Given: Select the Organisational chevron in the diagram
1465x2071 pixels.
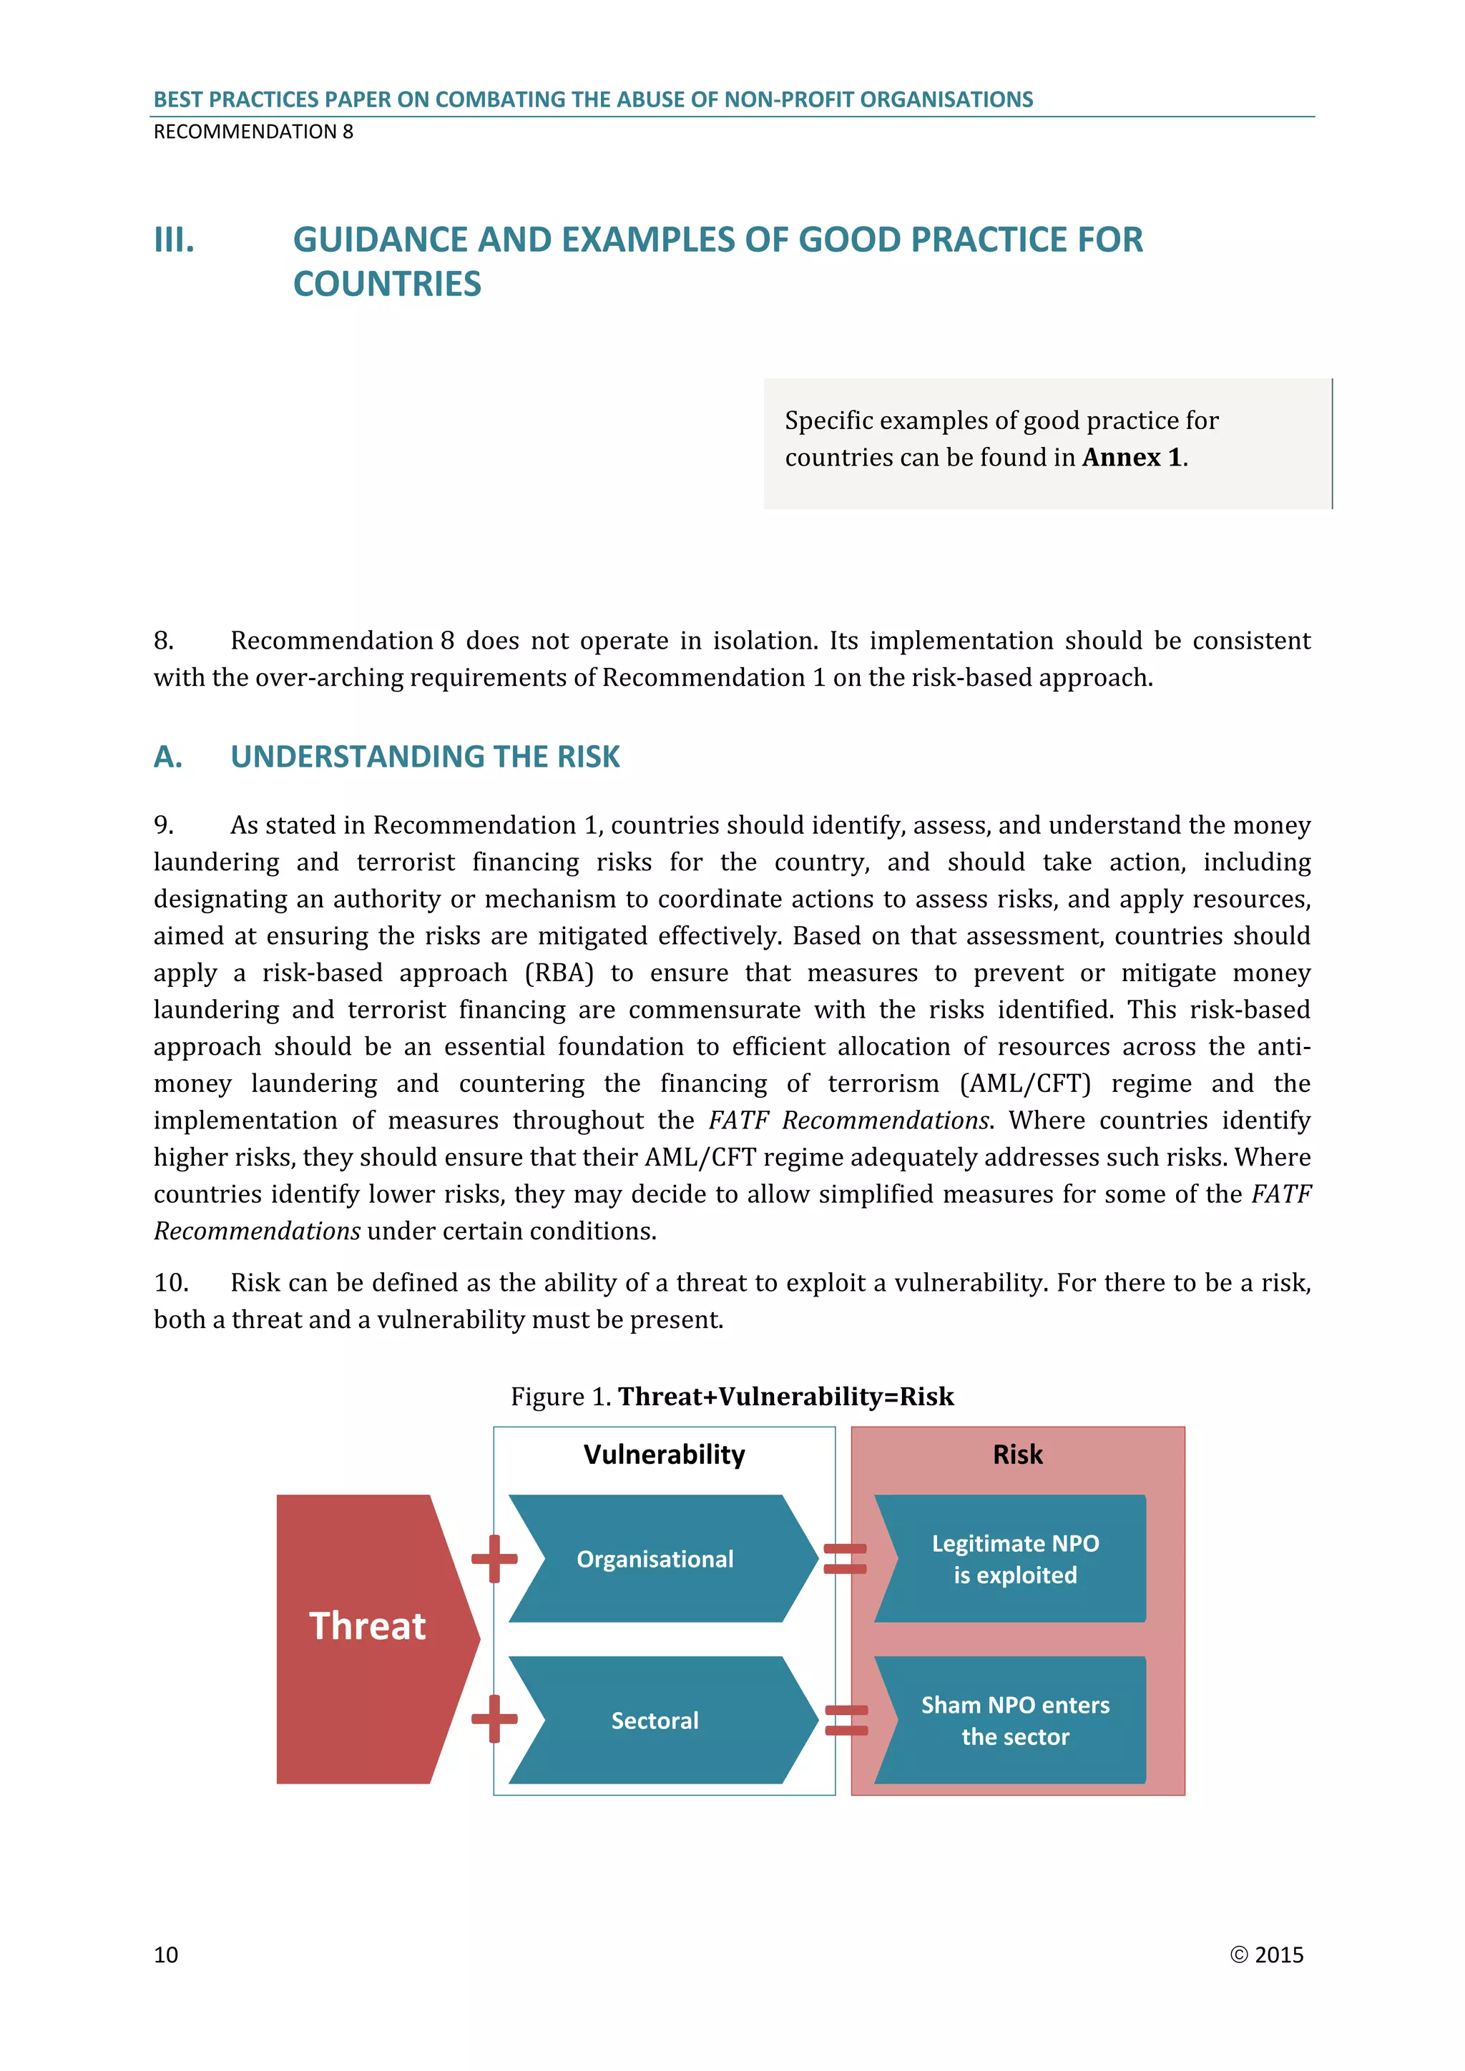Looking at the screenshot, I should (656, 1559).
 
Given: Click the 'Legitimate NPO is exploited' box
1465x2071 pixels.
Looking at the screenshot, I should (1015, 1559).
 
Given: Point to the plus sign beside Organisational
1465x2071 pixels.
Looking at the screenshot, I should (494, 1559).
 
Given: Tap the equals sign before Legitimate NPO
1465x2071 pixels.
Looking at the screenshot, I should (846, 1559).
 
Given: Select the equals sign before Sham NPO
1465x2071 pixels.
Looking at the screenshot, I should (846, 1720).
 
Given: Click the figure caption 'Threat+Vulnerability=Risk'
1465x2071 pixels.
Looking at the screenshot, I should (785, 1397).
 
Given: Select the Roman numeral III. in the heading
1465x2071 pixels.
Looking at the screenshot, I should (174, 240).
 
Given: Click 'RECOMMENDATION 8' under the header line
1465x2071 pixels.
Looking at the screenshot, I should (253, 132).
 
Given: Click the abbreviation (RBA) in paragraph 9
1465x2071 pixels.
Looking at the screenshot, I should (559, 973).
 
